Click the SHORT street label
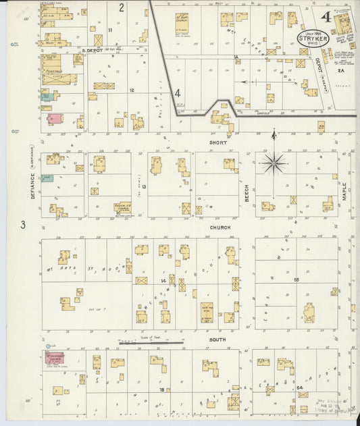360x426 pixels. tap(217, 142)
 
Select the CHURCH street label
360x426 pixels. tap(220, 228)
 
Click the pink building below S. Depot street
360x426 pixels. tap(55, 118)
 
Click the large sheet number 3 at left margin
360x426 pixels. tap(22, 225)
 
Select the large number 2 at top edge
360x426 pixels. tap(122, 7)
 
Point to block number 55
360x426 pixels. tap(296, 279)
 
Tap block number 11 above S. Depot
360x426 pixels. tap(109, 30)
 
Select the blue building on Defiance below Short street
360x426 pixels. tap(47, 178)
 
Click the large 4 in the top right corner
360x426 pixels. tap(327, 16)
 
